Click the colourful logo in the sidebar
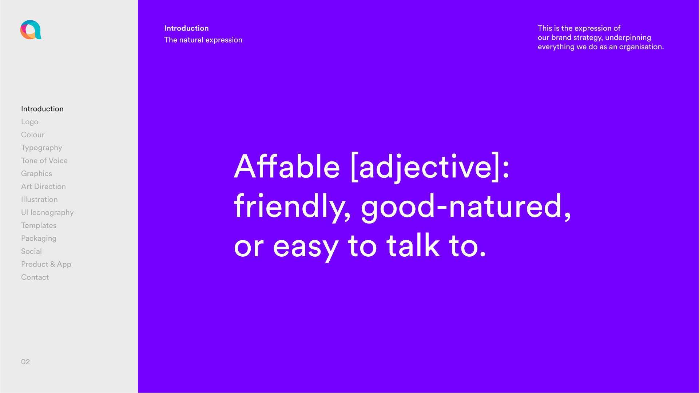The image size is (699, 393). tap(31, 30)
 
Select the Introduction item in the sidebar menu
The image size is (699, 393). tap(42, 109)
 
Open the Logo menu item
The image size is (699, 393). tap(29, 122)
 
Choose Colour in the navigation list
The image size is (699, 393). tap(33, 135)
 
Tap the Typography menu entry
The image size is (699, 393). tap(41, 148)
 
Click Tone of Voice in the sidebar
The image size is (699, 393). tap(44, 161)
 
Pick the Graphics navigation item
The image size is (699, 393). tap(36, 174)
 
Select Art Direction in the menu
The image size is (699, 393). tap(43, 187)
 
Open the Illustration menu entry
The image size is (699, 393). tap(39, 200)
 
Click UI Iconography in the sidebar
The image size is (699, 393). tap(47, 213)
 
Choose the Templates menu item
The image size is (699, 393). tap(39, 225)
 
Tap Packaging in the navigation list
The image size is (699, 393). tap(39, 238)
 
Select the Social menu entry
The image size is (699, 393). tap(31, 251)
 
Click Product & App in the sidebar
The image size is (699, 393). tap(46, 264)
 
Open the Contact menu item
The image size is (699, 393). tap(35, 277)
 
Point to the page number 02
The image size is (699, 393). tap(25, 362)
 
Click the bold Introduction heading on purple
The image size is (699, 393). tap(186, 28)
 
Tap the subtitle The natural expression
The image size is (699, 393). tap(203, 40)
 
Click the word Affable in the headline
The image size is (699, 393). tap(287, 167)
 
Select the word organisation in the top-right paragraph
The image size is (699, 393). tap(642, 47)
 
